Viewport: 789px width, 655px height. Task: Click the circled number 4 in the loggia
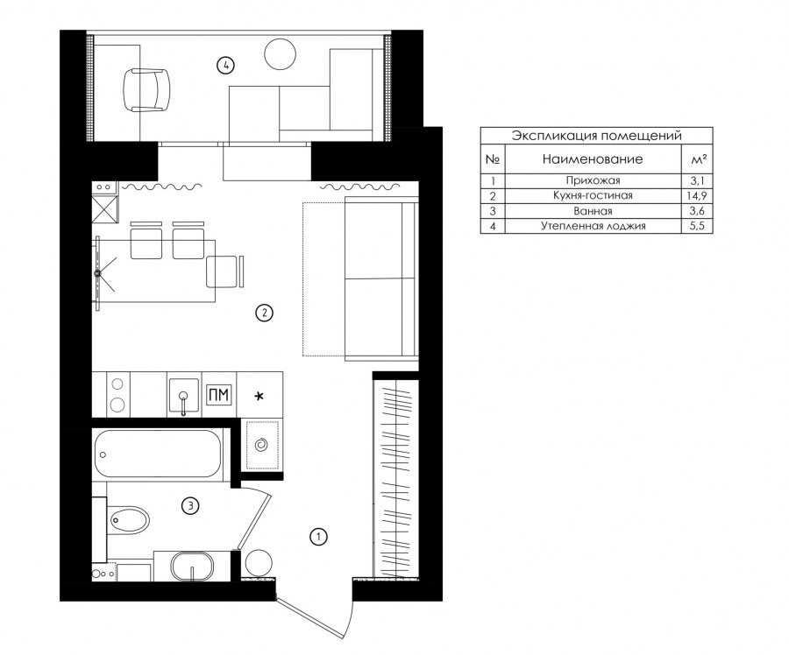pyautogui.click(x=226, y=65)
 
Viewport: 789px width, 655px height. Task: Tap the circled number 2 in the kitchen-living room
pyautogui.click(x=264, y=313)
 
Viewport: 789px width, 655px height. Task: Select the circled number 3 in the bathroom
pyautogui.click(x=190, y=505)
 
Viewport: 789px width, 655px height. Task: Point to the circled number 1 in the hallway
pyautogui.click(x=318, y=537)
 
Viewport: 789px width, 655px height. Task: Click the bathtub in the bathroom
pyautogui.click(x=157, y=454)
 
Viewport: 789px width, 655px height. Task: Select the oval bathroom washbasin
pyautogui.click(x=193, y=567)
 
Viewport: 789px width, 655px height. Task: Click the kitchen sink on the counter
pyautogui.click(x=184, y=395)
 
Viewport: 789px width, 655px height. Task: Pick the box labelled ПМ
pyautogui.click(x=219, y=395)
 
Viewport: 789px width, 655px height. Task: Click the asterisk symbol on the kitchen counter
pyautogui.click(x=259, y=397)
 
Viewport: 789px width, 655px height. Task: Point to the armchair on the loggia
pyautogui.click(x=146, y=89)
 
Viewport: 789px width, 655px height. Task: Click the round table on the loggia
pyautogui.click(x=280, y=54)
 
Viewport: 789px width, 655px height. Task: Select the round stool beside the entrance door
pyautogui.click(x=258, y=563)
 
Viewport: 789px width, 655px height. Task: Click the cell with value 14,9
pyautogui.click(x=697, y=195)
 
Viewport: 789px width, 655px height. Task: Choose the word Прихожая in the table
pyautogui.click(x=593, y=180)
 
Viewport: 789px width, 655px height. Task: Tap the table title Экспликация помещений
pyautogui.click(x=596, y=136)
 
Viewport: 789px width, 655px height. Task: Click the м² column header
pyautogui.click(x=699, y=159)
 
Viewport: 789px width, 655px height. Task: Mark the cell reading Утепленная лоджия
pyautogui.click(x=594, y=226)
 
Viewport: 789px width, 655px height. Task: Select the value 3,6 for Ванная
pyautogui.click(x=698, y=211)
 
